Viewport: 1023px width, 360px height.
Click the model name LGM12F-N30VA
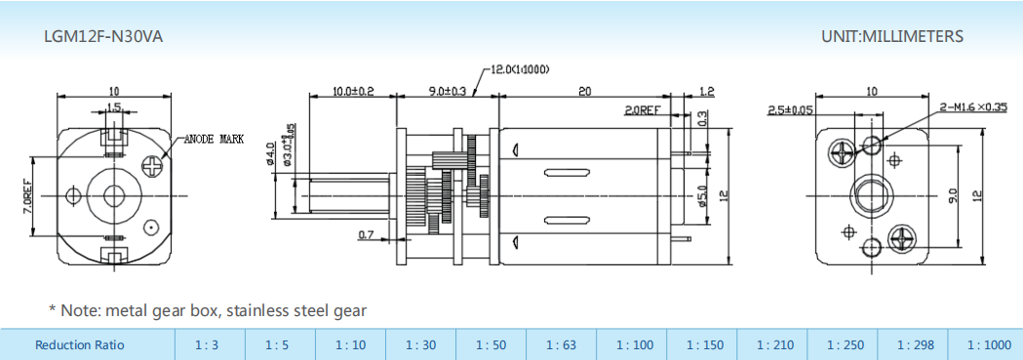(103, 37)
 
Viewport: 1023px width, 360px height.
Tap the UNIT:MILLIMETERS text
(892, 36)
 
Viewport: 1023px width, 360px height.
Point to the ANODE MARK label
(214, 139)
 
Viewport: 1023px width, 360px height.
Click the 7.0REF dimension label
(26, 195)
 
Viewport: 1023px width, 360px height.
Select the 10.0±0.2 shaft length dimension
(353, 92)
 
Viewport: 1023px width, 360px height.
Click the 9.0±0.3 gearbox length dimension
(447, 92)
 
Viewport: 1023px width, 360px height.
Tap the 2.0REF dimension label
(643, 110)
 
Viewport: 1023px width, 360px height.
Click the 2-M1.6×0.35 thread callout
(972, 107)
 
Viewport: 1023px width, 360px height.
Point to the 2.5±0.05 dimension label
(790, 110)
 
